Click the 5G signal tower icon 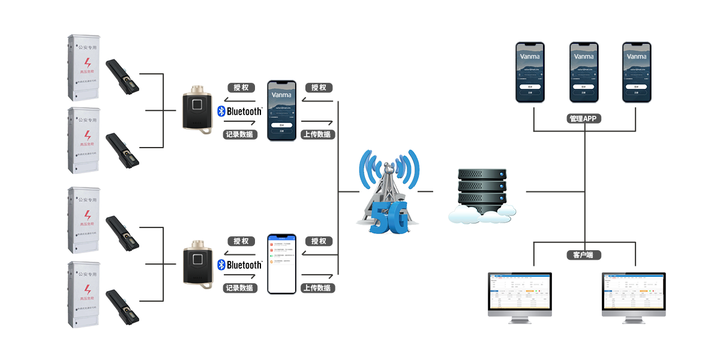389,191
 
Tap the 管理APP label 585,119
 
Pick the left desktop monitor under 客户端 520,297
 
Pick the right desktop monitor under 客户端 634,297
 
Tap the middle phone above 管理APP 584,72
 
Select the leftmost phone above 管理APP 530,72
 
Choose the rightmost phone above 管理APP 637,72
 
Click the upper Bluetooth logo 239,112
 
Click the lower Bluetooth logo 239,265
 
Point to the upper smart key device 198,109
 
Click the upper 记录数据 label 239,134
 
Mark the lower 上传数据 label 317,288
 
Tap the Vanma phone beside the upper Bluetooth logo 281,110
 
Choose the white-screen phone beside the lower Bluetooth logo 281,263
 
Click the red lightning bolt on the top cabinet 88,63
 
